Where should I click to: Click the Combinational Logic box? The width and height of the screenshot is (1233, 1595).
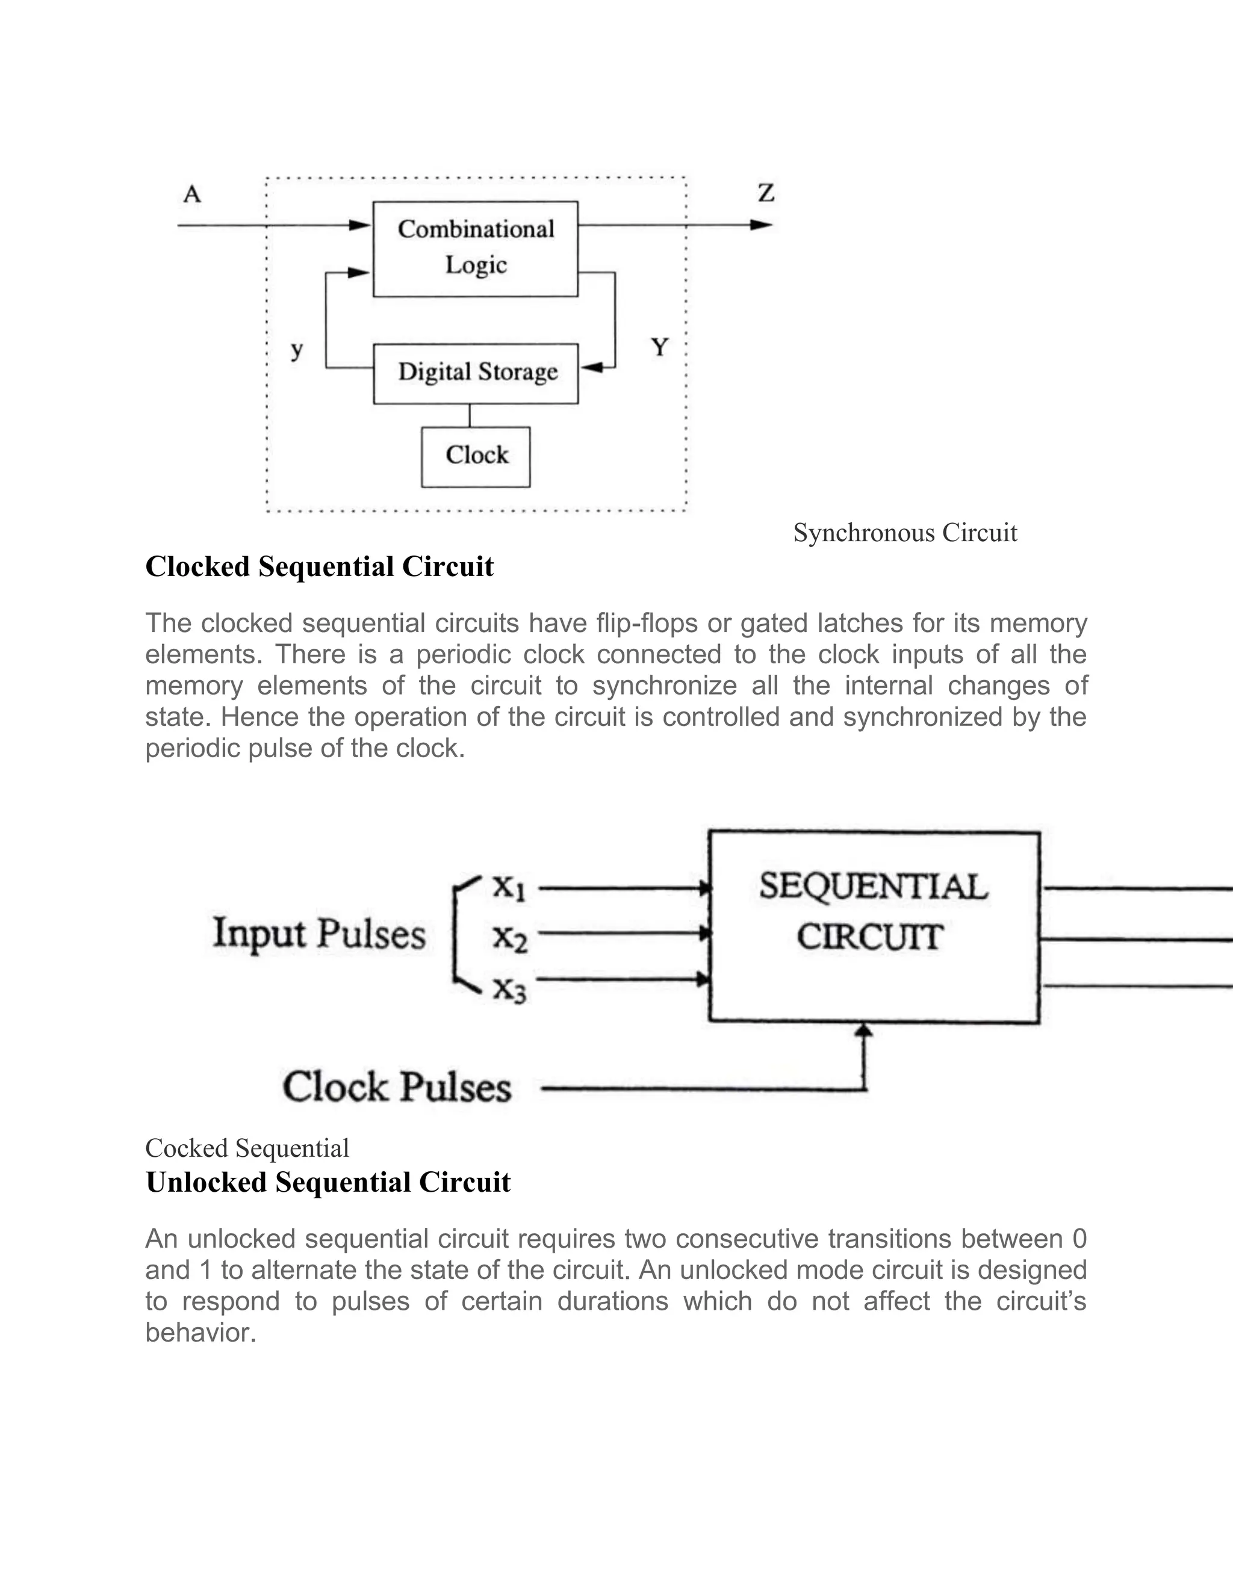(476, 249)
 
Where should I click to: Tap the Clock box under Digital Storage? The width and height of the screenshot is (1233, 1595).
(476, 456)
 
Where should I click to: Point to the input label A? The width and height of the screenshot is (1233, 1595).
(192, 194)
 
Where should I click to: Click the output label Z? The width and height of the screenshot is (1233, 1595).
(766, 194)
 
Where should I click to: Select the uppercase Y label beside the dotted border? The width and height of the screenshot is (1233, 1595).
(660, 348)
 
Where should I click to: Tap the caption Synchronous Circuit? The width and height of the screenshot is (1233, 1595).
(904, 533)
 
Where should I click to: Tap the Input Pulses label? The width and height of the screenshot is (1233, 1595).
(318, 934)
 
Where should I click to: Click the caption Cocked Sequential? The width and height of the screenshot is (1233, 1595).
(247, 1148)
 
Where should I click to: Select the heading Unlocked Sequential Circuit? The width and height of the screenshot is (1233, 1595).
(328, 1182)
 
